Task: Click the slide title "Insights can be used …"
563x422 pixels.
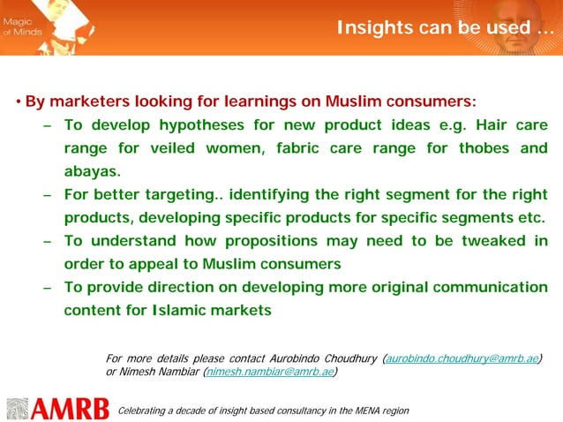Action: point(446,28)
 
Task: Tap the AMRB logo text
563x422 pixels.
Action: point(70,409)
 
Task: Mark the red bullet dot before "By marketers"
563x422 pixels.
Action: point(18,102)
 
